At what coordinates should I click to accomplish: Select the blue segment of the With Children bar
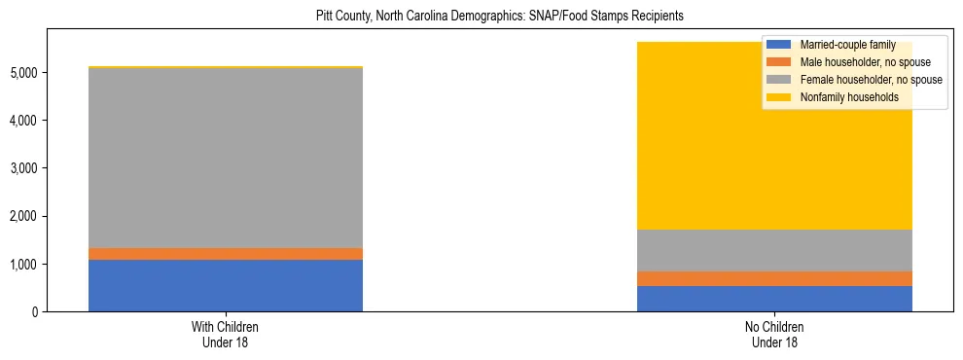coord(226,285)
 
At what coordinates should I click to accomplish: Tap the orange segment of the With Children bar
coord(226,254)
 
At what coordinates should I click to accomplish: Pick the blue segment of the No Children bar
coord(774,299)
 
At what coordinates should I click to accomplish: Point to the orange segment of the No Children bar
coord(774,278)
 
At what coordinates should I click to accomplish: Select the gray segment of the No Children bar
coord(774,250)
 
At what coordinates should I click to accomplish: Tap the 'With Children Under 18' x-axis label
coord(226,335)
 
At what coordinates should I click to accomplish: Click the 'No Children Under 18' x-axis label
coord(774,335)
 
